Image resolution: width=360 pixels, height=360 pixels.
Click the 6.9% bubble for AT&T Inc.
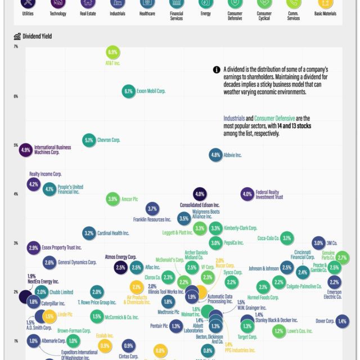tap(112, 52)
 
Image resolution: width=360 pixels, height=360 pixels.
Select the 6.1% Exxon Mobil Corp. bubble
tap(128, 91)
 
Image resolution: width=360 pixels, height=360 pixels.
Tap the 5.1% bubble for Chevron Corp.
tap(89, 139)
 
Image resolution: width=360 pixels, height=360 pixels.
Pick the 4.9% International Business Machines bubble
tap(25, 150)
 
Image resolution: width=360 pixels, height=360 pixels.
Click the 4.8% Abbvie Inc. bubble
tap(215, 155)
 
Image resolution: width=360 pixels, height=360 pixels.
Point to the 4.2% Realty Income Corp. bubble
tap(33, 184)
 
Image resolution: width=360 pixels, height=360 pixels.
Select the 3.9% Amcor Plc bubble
tap(112, 199)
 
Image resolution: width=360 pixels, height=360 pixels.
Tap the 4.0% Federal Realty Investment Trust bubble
tap(247, 194)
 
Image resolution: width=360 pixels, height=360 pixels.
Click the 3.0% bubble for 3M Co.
tap(318, 243)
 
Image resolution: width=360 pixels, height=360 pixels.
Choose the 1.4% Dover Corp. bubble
tap(342, 321)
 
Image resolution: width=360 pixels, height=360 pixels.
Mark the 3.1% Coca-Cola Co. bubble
tap(287, 238)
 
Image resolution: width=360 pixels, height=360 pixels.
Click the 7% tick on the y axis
tap(16, 46)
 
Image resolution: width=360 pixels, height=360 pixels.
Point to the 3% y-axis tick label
tap(16, 243)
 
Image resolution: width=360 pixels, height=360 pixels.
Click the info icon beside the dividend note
tap(217, 70)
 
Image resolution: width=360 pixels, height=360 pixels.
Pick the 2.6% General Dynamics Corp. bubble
tap(49, 262)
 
